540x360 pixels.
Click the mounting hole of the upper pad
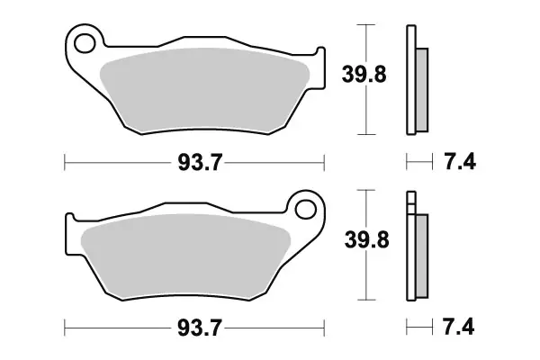pos(85,43)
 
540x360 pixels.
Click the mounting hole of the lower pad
pos(305,209)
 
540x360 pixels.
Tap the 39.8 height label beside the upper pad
pos(364,75)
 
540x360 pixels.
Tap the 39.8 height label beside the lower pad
pos(367,239)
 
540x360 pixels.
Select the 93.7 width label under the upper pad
pos(200,162)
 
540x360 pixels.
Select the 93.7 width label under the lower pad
pos(200,328)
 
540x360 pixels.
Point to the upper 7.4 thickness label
pos(460,162)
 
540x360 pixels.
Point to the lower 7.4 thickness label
pos(459,327)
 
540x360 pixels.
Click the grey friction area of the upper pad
pos(205,90)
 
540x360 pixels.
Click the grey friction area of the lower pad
pos(186,256)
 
